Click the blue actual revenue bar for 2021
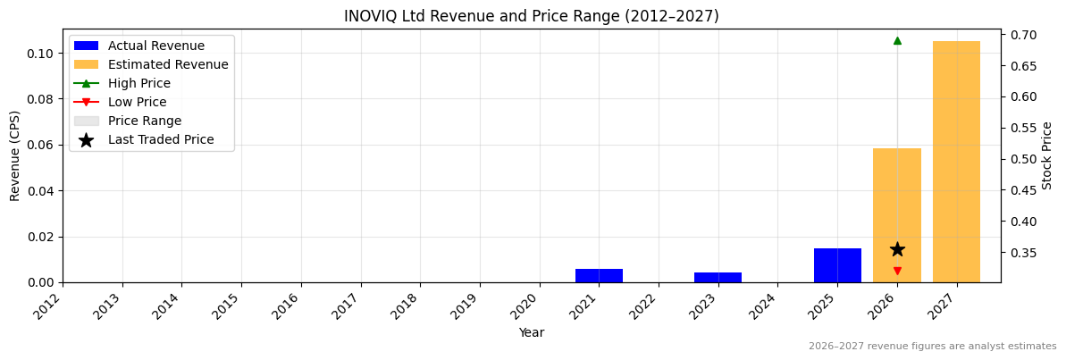pos(599,275)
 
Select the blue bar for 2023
pos(718,277)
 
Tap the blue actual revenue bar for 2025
pos(837,265)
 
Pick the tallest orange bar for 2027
pos(956,162)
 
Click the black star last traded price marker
pos(897,249)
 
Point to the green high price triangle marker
pos(897,40)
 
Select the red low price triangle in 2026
pos(897,271)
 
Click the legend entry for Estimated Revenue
pos(168,64)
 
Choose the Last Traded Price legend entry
pos(161,139)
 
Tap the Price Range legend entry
pos(144,121)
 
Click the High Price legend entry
pos(138,83)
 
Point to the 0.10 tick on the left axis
pos(41,54)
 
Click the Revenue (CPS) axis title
pos(15,155)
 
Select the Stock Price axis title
pos(1047,155)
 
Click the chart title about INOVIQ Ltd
pos(531,16)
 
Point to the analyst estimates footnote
pos(932,347)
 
